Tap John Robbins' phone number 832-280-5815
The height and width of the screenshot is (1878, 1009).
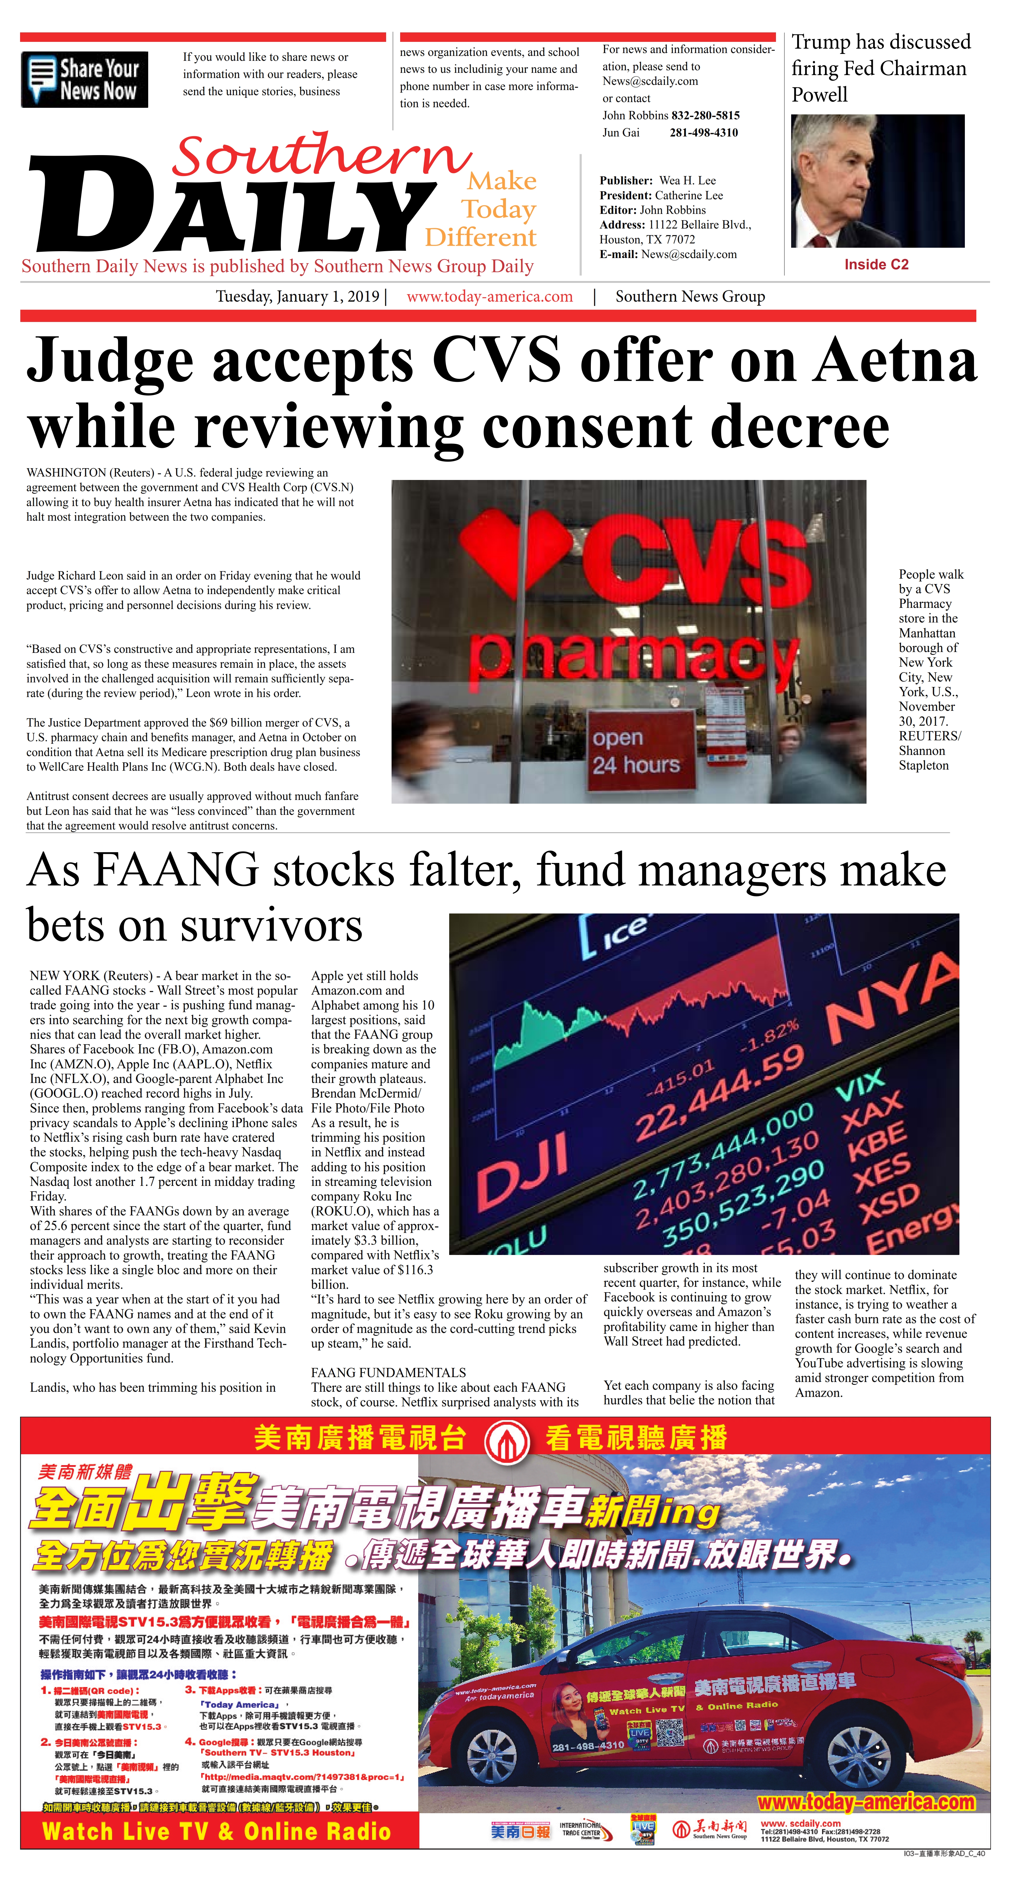[705, 115]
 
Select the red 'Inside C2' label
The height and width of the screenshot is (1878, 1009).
[876, 265]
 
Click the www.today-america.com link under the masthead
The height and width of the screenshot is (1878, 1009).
[489, 297]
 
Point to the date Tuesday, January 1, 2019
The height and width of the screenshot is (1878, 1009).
[298, 297]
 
